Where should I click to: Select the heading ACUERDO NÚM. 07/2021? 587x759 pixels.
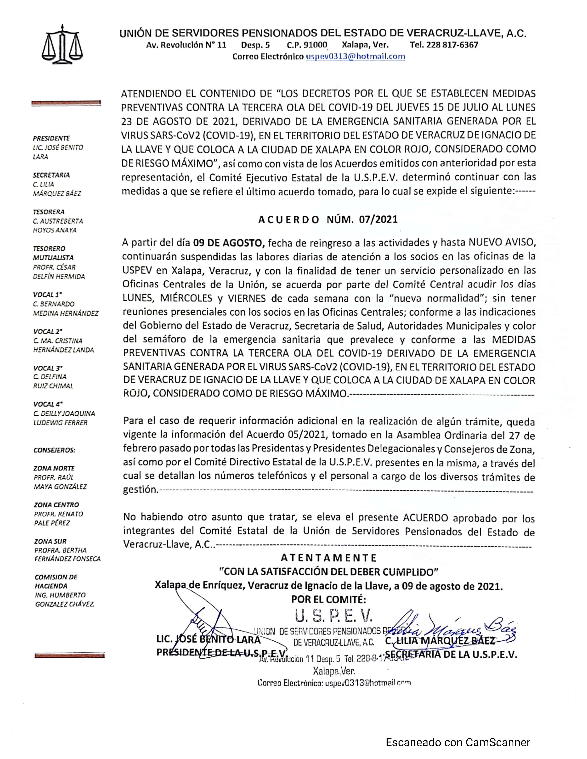coord(328,219)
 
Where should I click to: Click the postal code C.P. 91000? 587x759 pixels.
coord(307,45)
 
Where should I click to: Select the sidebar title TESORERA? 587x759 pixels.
coord(49,212)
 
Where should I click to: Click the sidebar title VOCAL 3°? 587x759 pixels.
coord(48,368)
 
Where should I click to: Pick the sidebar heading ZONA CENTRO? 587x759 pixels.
coord(56,505)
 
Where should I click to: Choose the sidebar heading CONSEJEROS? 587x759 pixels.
coord(54,450)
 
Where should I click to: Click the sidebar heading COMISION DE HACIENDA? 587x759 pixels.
coord(56,581)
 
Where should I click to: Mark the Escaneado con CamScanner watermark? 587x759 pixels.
coord(458,742)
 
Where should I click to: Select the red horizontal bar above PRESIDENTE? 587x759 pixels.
coord(66,103)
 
